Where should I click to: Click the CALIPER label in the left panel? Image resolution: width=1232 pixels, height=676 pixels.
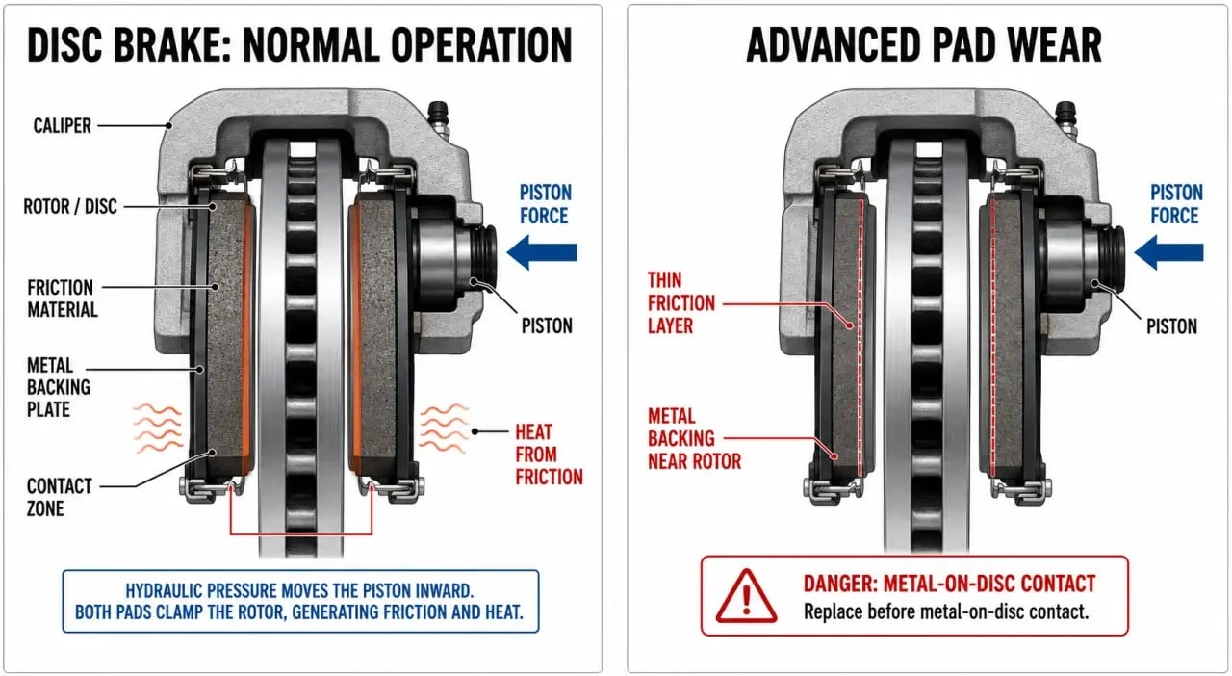tap(63, 126)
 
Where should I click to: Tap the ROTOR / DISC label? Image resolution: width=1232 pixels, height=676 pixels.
tap(70, 207)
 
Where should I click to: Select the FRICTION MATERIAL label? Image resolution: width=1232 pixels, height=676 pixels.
tap(63, 299)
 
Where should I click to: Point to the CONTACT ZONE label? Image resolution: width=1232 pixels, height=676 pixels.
tap(59, 497)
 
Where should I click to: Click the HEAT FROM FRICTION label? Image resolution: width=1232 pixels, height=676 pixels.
tap(549, 455)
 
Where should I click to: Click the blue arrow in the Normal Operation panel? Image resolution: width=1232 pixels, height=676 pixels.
tap(542, 252)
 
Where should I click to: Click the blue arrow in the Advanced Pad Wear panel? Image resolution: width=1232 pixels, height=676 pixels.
tap(1168, 252)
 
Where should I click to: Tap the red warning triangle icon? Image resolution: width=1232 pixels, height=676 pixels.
tap(746, 596)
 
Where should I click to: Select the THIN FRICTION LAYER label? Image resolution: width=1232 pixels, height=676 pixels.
tap(681, 303)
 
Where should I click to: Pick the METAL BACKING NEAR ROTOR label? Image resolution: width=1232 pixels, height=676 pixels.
tap(694, 439)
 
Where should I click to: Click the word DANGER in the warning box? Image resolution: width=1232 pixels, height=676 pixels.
tap(841, 585)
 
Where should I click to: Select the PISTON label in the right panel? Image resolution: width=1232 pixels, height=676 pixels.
tap(1171, 326)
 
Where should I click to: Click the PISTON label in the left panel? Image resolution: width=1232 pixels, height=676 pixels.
tap(547, 326)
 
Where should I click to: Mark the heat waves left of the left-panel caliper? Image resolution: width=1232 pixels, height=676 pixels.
tap(158, 429)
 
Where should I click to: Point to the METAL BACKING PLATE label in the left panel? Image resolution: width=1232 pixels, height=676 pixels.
tap(59, 387)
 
